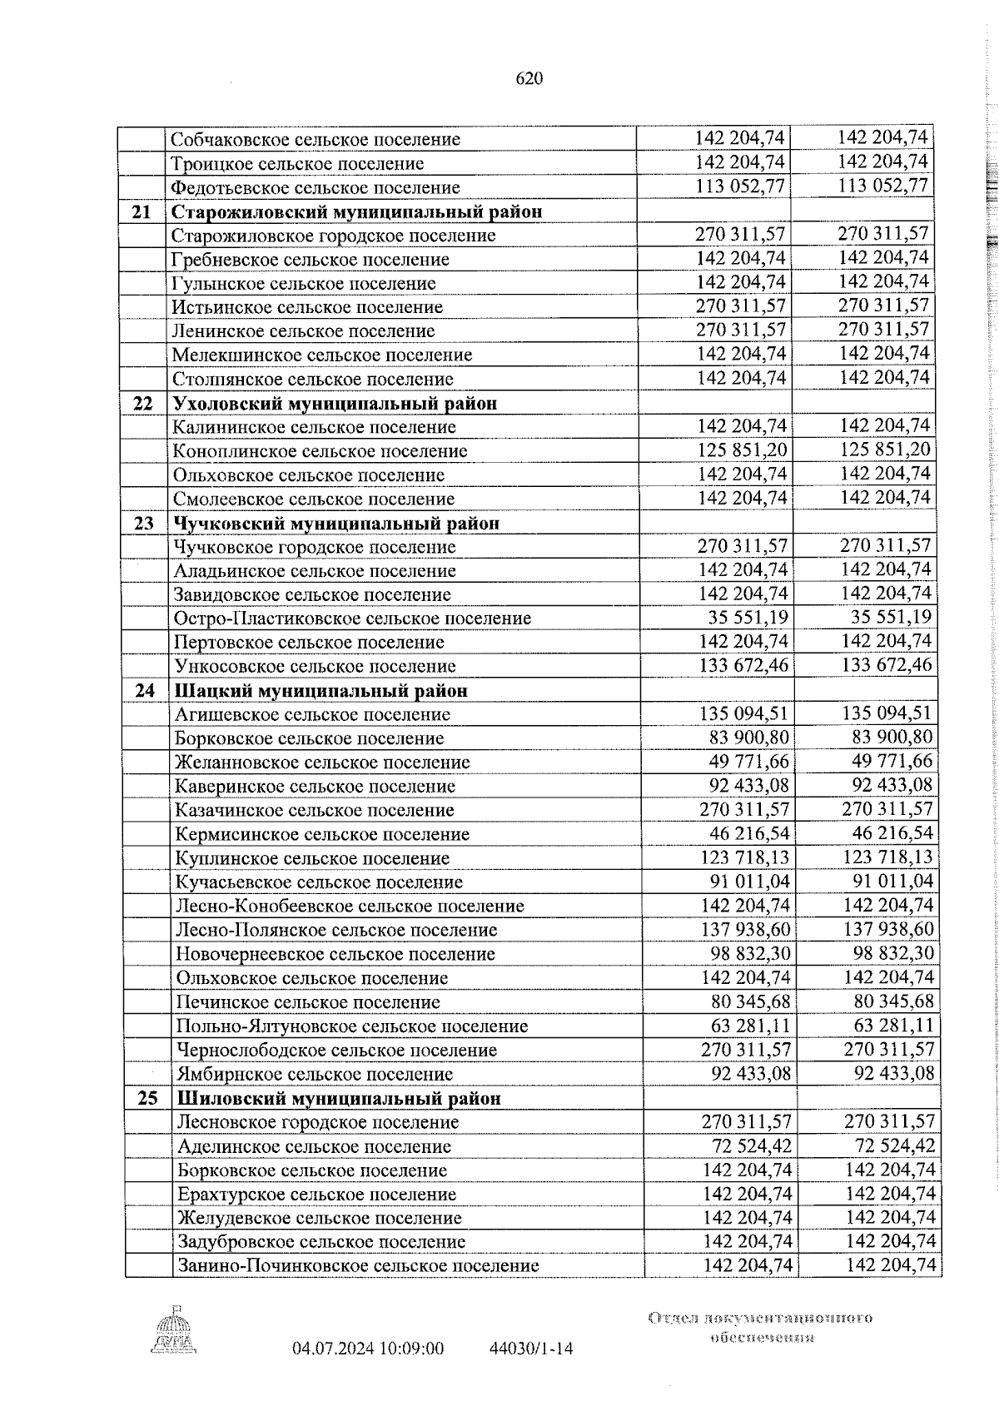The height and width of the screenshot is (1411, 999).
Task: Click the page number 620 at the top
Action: pos(529,79)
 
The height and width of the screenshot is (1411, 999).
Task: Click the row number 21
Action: pos(142,211)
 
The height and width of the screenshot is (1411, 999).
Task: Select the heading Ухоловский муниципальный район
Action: pos(335,404)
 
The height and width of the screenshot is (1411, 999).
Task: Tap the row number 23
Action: pos(144,524)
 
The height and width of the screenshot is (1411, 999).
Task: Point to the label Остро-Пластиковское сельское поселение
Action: pos(352,619)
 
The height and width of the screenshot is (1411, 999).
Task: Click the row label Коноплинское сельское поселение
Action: pos(320,451)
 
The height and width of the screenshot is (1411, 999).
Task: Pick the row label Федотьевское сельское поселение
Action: pos(316,187)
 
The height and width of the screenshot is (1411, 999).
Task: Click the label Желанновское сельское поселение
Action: pos(321,763)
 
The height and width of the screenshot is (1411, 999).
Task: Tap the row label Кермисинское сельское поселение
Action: pos(322,834)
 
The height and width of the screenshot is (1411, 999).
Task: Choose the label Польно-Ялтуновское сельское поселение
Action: pos(352,1026)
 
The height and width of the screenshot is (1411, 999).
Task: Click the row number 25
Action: pos(147,1098)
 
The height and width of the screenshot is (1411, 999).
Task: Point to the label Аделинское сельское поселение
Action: pos(314,1146)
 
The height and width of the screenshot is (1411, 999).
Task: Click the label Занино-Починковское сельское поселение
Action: pos(358,1266)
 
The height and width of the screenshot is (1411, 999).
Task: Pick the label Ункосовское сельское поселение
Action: pos(315,667)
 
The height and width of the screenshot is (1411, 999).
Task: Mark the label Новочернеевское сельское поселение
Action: pos(335,955)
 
